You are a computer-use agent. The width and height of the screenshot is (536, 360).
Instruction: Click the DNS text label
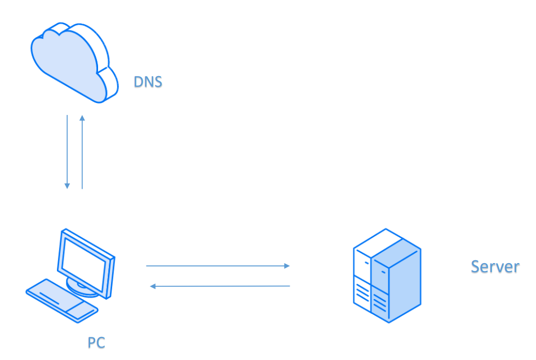click(148, 82)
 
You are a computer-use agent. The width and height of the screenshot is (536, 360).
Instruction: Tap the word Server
click(494, 266)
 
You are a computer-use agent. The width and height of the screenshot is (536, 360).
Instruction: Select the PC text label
click(96, 342)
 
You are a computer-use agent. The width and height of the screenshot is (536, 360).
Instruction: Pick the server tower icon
click(387, 275)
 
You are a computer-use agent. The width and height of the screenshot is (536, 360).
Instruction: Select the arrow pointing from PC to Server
click(217, 265)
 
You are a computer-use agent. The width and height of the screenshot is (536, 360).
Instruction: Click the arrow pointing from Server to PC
click(220, 286)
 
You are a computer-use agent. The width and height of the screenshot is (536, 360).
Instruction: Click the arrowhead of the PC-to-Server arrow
click(287, 265)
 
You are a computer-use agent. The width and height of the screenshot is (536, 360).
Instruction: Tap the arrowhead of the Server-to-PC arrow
click(152, 286)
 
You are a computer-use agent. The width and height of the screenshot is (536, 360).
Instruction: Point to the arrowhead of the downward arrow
click(67, 185)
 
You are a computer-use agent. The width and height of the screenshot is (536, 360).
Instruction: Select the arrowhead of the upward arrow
click(82, 118)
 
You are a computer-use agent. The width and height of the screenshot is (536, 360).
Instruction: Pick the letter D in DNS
click(138, 82)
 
